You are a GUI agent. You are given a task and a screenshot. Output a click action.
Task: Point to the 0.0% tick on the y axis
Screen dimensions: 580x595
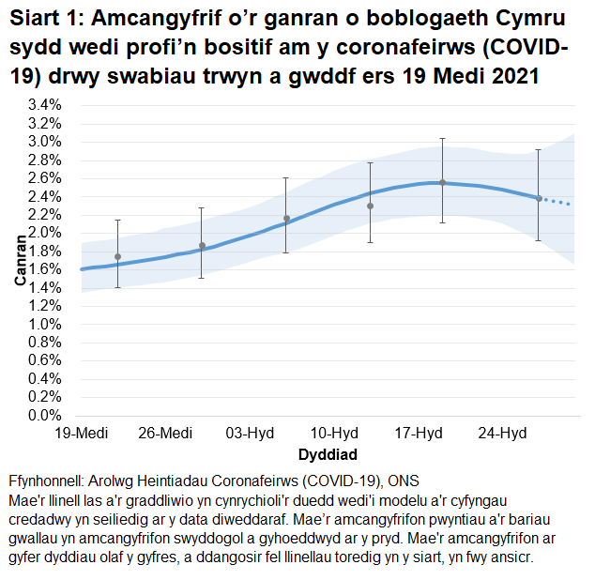coord(43,415)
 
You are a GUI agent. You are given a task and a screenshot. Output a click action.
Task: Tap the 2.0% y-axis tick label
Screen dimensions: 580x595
coord(43,233)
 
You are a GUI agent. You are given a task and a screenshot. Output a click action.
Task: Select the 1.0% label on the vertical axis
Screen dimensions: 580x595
coord(43,324)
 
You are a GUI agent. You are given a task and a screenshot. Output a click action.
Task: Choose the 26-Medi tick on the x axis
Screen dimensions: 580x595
coord(165,434)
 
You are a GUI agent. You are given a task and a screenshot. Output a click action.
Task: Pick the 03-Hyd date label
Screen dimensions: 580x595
coord(250,434)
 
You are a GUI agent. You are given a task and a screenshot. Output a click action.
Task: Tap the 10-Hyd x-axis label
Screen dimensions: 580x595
coord(334,434)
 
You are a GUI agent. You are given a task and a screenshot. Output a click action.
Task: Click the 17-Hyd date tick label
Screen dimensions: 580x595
coord(419,434)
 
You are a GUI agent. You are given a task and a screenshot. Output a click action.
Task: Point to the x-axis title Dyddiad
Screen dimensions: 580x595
coord(327,454)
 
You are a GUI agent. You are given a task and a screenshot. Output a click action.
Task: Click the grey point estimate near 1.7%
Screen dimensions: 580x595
coord(117,256)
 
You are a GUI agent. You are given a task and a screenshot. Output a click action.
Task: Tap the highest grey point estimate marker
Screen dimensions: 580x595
coord(442,182)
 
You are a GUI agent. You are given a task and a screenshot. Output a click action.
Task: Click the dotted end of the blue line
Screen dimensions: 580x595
coord(558,202)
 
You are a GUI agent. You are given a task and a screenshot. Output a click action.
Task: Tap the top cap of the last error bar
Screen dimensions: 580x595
coord(538,150)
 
